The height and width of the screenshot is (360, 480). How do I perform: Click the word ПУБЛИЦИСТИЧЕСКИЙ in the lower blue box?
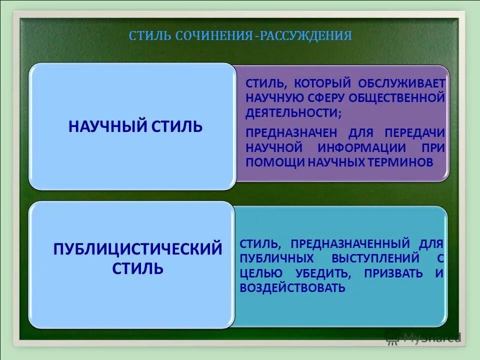(x=137, y=248)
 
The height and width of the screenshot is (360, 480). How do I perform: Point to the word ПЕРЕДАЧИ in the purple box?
(x=414, y=133)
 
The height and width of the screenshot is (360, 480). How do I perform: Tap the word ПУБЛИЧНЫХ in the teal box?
(x=277, y=258)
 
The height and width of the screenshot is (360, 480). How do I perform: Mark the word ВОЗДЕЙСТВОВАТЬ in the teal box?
(x=292, y=288)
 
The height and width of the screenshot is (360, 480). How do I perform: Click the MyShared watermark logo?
(x=422, y=337)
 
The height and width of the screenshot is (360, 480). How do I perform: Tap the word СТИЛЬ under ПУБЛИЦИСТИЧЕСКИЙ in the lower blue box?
(x=137, y=268)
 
